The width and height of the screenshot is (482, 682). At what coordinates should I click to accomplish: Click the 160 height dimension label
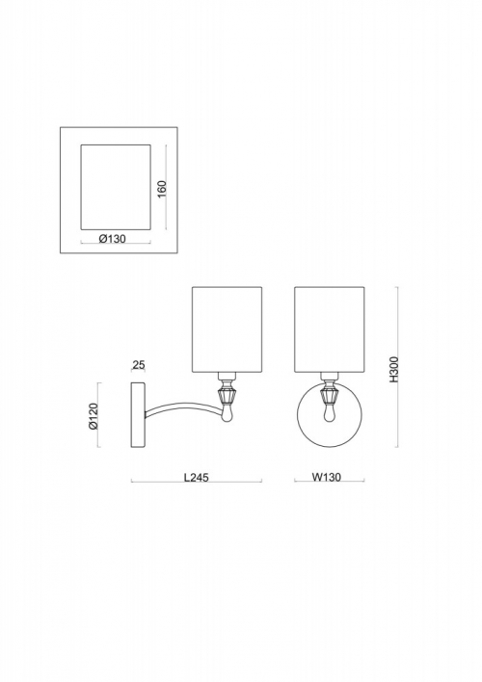[162, 189]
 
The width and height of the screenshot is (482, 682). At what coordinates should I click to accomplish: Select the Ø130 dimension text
[113, 238]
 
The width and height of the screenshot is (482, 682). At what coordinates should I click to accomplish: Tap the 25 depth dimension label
[139, 364]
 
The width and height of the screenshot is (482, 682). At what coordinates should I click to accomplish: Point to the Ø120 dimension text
[94, 416]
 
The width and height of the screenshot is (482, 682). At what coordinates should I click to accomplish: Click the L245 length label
[197, 477]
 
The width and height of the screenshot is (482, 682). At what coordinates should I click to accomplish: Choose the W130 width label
[327, 477]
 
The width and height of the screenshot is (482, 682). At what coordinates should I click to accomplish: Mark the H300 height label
[393, 370]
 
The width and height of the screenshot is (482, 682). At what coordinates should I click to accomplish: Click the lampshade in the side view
[227, 329]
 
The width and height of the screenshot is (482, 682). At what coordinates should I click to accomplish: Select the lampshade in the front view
[329, 329]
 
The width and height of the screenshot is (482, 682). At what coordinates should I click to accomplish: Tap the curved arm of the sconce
[183, 406]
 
